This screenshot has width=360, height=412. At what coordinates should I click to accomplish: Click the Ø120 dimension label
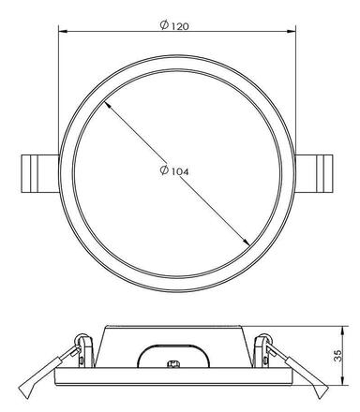pos(175,26)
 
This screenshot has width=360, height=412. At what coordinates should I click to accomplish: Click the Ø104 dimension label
pos(175,170)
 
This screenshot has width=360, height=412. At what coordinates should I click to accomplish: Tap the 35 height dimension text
pos(348,356)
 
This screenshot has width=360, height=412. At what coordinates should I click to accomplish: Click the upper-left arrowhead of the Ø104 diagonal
pos(109,106)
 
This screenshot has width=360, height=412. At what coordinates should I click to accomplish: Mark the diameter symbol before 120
pos(165,26)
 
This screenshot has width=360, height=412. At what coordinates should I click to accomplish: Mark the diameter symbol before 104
pos(164,170)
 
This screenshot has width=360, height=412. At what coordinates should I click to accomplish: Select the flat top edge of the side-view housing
pos(173,329)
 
